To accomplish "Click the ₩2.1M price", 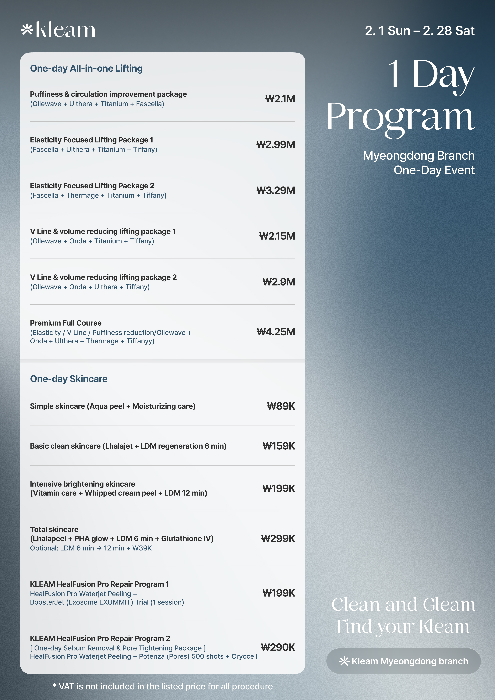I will click(280, 99).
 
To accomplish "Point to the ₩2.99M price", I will click(276, 144).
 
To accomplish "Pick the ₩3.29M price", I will click(276, 190).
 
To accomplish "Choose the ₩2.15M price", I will click(277, 236).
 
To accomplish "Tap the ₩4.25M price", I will click(276, 332).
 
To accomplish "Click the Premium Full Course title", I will click(66, 323).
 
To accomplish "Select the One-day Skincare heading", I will click(69, 379).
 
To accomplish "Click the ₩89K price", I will click(281, 406).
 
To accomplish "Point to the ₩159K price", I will click(279, 446).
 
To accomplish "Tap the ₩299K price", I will click(278, 538).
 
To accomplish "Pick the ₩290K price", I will click(278, 647).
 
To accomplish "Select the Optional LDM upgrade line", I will click(91, 548).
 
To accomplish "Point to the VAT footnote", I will click(162, 686).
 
